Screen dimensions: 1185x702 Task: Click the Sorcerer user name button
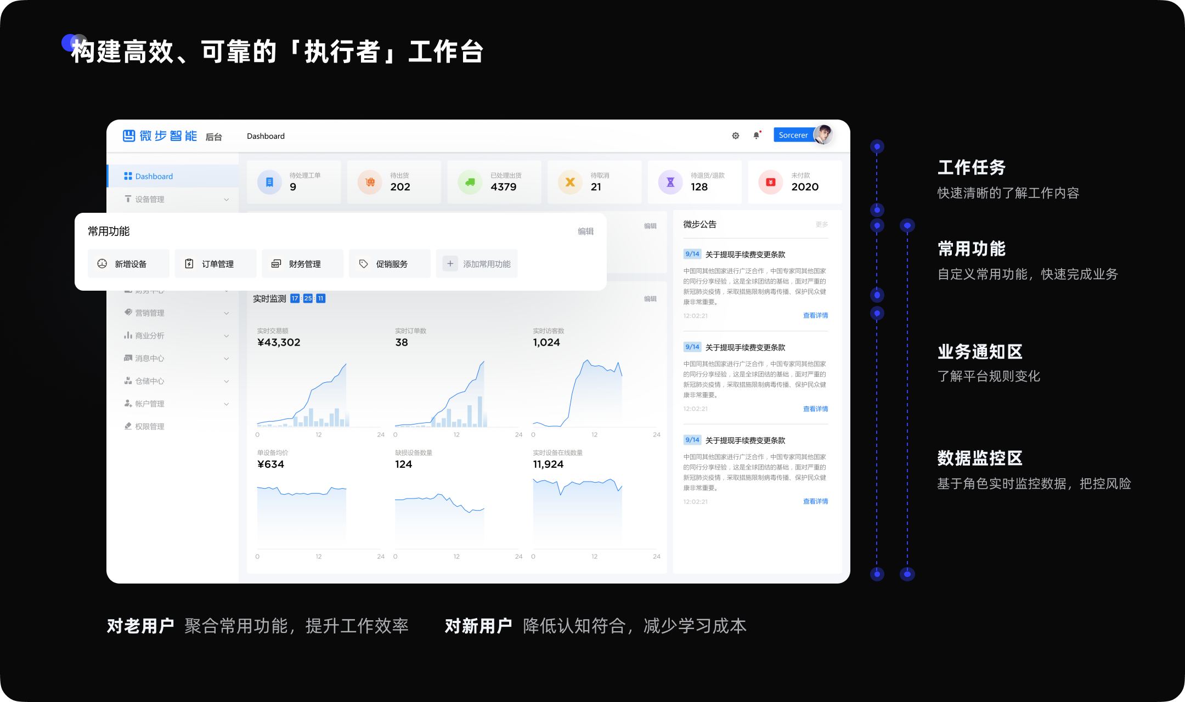pos(793,135)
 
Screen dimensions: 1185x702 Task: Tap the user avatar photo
pos(823,134)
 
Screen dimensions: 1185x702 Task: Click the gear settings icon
pos(736,135)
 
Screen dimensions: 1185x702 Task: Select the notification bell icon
pos(757,135)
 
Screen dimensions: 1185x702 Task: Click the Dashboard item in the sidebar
pos(154,176)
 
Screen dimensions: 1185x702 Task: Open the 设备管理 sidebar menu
pos(149,199)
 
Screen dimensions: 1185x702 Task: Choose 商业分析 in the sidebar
pos(149,336)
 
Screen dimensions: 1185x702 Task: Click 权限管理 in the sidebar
pos(149,426)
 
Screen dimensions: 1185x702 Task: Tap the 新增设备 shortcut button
pos(128,264)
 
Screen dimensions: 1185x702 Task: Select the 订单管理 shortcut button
pos(216,264)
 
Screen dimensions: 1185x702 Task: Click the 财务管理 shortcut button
pos(302,264)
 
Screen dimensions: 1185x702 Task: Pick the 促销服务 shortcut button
pos(390,264)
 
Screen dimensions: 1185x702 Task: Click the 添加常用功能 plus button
pos(450,264)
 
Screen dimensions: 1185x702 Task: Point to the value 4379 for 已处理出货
pos(504,187)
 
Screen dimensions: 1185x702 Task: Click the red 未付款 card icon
pos(771,182)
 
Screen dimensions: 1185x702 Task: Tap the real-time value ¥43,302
pos(279,342)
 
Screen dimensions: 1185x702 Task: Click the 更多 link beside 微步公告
pos(821,224)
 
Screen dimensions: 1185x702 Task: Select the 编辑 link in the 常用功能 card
pos(585,231)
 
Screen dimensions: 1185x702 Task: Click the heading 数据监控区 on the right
pos(980,458)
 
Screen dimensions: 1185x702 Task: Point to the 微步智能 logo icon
pos(129,135)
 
